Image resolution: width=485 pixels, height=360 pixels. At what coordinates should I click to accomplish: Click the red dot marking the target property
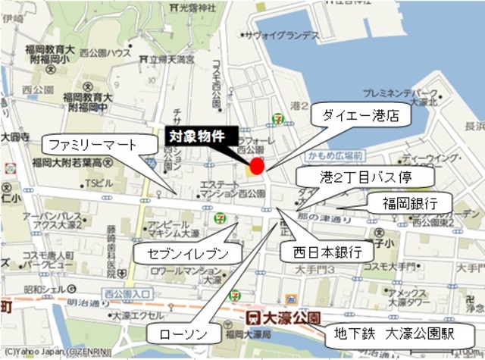pos(257,166)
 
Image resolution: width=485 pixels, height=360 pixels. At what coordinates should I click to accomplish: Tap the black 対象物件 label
pos(196,137)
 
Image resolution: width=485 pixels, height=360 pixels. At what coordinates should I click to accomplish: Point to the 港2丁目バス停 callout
pos(375,177)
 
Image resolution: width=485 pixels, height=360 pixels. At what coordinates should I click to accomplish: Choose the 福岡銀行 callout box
pos(408,203)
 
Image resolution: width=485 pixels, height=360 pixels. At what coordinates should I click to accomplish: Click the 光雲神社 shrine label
pos(193,7)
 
